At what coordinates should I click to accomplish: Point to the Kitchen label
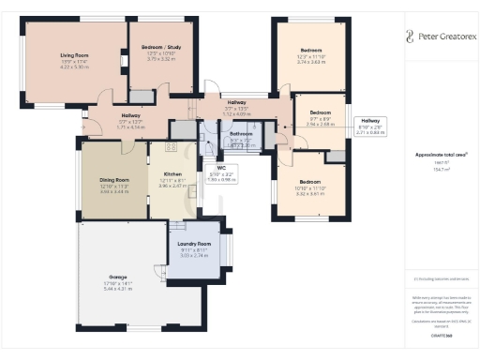[x=172, y=174]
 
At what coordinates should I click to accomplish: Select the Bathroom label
[x=241, y=134]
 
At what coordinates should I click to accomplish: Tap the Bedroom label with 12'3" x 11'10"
[x=310, y=50]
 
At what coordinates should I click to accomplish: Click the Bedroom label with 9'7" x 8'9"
[x=321, y=111]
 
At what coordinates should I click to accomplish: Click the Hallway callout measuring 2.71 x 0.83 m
[x=371, y=126]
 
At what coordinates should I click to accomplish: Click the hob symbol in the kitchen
[x=172, y=147]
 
